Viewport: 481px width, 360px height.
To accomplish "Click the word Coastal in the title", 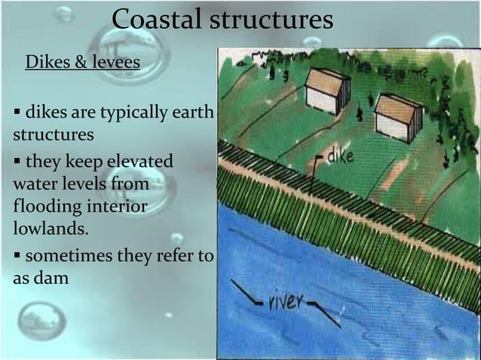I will tap(155, 20).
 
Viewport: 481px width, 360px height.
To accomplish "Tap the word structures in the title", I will tap(270, 20).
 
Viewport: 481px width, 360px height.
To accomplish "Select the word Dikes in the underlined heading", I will tap(48, 62).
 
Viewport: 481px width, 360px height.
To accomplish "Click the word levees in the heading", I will tap(115, 62).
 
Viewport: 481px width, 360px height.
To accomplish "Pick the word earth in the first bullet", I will tap(193, 114).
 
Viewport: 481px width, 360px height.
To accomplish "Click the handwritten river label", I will tap(286, 303).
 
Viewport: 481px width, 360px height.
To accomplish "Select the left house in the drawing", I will tap(326, 90).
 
